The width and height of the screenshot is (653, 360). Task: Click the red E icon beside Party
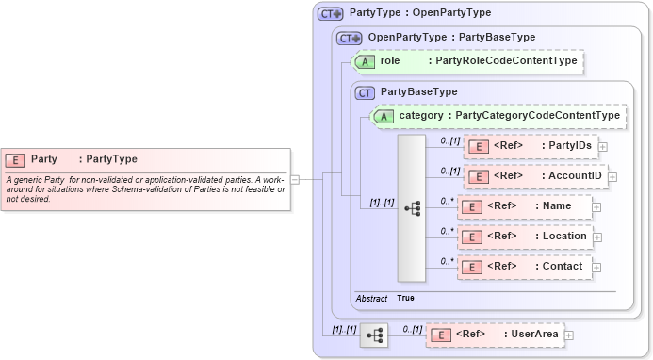point(16,159)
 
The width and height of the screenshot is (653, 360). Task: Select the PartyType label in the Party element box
point(111,159)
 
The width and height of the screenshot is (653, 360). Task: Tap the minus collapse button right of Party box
point(295,178)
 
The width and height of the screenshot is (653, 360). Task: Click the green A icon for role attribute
point(366,61)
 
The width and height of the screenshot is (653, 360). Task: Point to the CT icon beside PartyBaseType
point(365,92)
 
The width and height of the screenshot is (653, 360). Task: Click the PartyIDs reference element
point(531,146)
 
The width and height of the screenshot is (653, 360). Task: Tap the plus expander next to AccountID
point(612,176)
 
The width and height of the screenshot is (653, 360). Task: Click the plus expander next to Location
point(597,237)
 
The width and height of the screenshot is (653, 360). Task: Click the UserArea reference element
point(494,334)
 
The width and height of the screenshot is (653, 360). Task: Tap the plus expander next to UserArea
point(569,335)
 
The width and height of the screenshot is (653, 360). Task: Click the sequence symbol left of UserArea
point(374,335)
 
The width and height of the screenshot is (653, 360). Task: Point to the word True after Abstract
point(405,298)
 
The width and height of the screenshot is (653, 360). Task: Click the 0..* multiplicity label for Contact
point(448,261)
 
